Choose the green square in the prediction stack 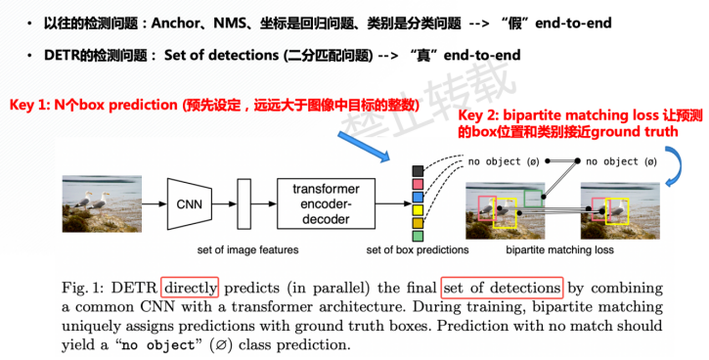(x=418, y=236)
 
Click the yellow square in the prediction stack (x=418, y=208)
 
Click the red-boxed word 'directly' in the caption (x=192, y=288)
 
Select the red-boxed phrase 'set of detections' (x=503, y=288)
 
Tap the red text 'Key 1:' (x=32, y=105)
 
